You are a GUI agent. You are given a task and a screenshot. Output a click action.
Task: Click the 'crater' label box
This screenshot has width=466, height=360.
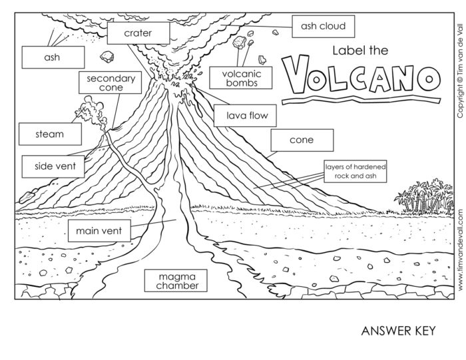[138, 33]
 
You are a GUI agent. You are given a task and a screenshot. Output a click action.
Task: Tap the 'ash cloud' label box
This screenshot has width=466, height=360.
[323, 27]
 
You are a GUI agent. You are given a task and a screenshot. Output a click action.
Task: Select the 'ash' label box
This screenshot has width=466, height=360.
[52, 57]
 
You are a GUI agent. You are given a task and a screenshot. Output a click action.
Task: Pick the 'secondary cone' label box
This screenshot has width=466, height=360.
[110, 83]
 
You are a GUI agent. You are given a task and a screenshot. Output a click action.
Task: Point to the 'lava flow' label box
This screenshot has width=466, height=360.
[246, 115]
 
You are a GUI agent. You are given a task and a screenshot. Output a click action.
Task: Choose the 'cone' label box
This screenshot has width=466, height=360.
[301, 140]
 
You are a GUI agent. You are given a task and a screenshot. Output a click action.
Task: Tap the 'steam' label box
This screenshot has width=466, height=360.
[50, 134]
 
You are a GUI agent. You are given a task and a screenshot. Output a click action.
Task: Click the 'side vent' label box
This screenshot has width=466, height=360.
[49, 165]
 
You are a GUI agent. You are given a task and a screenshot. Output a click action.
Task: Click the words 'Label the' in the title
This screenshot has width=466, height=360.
[359, 50]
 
